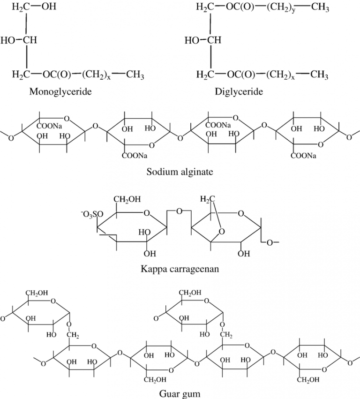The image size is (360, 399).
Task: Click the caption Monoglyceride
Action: (60, 91)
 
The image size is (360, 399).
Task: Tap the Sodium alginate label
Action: (180, 172)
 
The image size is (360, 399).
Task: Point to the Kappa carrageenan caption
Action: (180, 269)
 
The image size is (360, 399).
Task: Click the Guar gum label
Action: (180, 393)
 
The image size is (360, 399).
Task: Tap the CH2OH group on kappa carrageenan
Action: (127, 201)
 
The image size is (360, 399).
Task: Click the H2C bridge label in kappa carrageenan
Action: (207, 200)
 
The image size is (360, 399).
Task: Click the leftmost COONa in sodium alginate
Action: (51, 125)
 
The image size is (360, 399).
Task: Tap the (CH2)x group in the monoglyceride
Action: (96, 75)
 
